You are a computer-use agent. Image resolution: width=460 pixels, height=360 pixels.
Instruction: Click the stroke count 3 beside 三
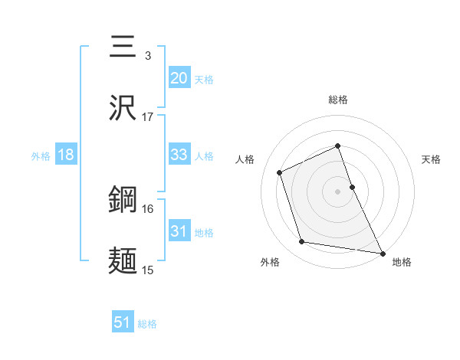[x=148, y=56]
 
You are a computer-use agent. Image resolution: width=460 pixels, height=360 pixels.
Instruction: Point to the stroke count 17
[x=148, y=117]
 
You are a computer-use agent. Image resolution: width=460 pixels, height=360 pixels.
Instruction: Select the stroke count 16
[x=148, y=208]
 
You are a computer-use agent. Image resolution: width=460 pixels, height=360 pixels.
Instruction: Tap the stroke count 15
[x=148, y=270]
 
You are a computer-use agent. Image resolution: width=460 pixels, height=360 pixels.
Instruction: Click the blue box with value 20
[x=179, y=78]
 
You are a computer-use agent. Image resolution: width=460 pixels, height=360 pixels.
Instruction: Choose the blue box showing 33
[x=179, y=155]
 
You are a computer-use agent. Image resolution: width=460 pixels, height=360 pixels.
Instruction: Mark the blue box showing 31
[x=179, y=231]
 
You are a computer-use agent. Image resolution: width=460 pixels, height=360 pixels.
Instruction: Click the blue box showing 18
[x=66, y=155]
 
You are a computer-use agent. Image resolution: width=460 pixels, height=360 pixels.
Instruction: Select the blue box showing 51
[x=123, y=322]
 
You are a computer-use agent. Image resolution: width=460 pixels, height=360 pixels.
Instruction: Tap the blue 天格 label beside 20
[x=204, y=80]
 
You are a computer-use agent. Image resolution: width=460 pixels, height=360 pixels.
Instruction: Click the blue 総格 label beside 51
[x=147, y=324]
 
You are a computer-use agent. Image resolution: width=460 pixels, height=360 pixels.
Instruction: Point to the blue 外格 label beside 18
[x=41, y=156]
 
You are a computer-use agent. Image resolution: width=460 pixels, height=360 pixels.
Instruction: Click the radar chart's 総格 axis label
[x=338, y=100]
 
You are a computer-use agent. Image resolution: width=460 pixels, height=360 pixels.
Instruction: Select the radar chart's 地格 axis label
[x=402, y=263]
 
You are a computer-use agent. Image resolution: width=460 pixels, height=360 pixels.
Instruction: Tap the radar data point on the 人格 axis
[x=280, y=172]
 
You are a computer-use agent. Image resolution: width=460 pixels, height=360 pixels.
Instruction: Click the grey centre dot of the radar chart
[x=338, y=191]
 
